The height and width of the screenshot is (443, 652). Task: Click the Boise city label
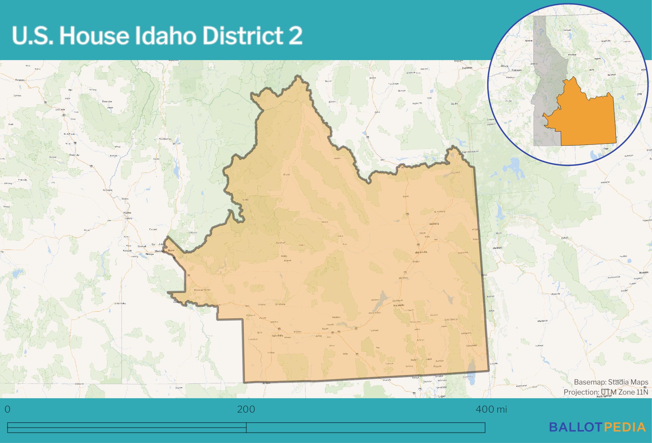point(171,251)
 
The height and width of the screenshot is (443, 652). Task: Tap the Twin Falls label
point(277,336)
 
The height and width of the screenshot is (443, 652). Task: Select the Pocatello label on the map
point(399,305)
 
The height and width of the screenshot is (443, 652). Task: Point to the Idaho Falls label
point(421,252)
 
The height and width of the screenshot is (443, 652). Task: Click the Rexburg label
point(434,224)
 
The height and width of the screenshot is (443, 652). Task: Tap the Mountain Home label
point(203,290)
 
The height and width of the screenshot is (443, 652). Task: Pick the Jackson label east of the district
point(497,247)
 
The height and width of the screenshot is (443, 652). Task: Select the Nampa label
point(149,254)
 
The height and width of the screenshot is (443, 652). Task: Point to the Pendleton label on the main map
point(20,80)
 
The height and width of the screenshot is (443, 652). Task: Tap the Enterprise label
point(108,101)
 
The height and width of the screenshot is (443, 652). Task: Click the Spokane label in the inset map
point(529,41)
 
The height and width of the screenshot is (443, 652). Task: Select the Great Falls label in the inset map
point(606,41)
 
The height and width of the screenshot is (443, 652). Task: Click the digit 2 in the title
point(296,36)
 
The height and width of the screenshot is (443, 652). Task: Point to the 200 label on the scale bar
point(246,409)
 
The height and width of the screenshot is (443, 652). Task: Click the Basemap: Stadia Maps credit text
point(611,382)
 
